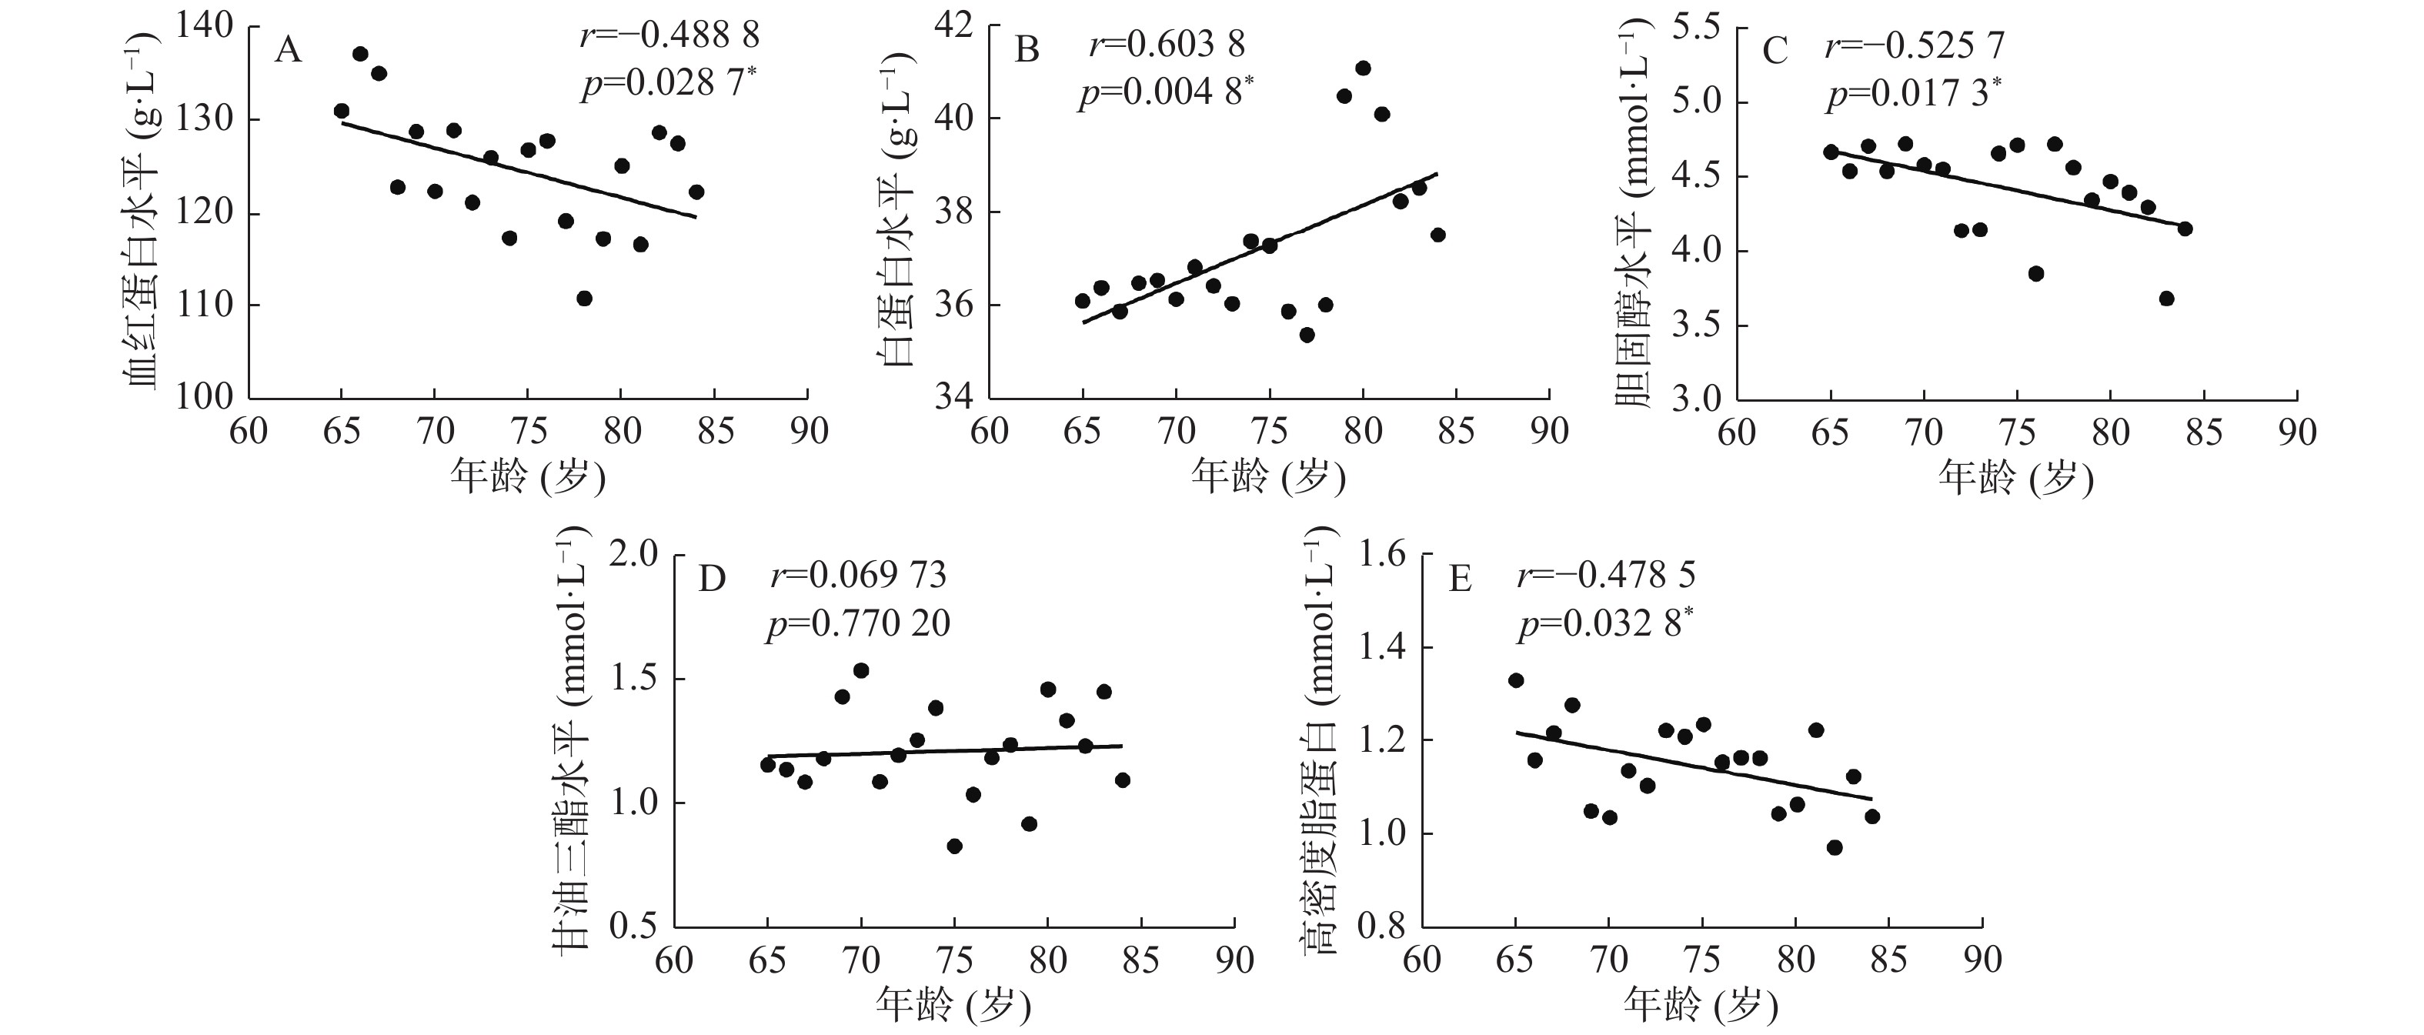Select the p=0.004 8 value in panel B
(1165, 93)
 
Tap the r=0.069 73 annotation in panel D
(858, 575)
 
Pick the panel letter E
(1460, 579)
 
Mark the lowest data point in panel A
(584, 299)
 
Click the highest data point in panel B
(1363, 68)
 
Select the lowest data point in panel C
(2166, 299)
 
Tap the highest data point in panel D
(861, 670)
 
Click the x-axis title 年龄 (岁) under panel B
(1267, 478)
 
